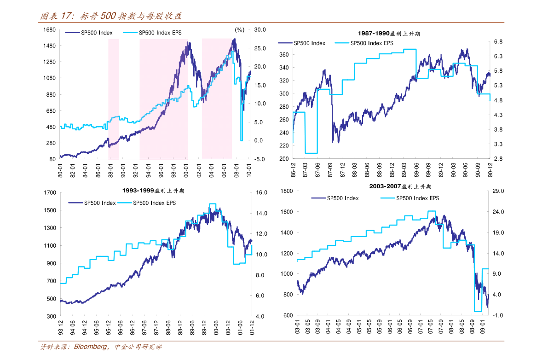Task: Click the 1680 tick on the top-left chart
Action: click(x=49, y=30)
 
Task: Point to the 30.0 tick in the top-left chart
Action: click(x=260, y=30)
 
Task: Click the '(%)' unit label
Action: click(x=239, y=30)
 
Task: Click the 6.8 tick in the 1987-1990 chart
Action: click(x=498, y=42)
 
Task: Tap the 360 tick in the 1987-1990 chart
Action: click(x=284, y=55)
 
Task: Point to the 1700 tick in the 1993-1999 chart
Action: click(x=49, y=192)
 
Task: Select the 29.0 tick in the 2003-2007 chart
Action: click(x=499, y=191)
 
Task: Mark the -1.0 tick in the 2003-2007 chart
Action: click(x=499, y=315)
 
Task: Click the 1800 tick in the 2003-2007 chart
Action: click(x=286, y=191)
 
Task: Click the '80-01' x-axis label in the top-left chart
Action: click(x=60, y=170)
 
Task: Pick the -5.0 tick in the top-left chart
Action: click(x=260, y=159)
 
